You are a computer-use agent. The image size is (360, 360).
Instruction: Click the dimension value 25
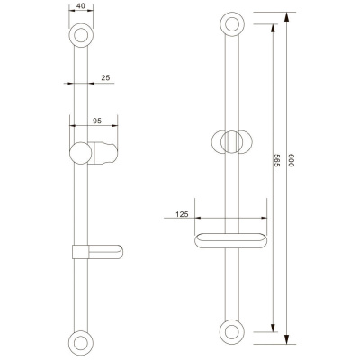[x=105, y=78]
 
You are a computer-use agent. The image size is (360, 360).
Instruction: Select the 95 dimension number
[x=97, y=121]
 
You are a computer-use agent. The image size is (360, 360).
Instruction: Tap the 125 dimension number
[x=182, y=214]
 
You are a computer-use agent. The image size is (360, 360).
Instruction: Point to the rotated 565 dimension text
[x=277, y=160]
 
